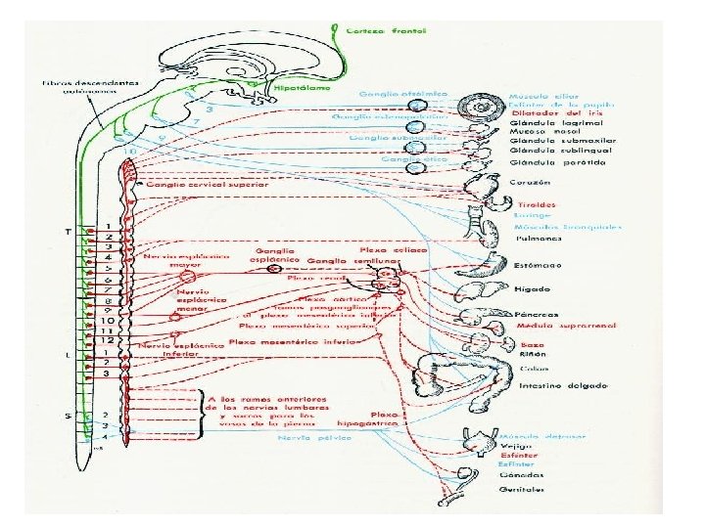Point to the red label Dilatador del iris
[547, 111]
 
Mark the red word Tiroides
[531, 205]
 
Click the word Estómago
[535, 265]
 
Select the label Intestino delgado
[550, 386]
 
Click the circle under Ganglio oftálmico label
[418, 106]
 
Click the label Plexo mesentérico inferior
[294, 342]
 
